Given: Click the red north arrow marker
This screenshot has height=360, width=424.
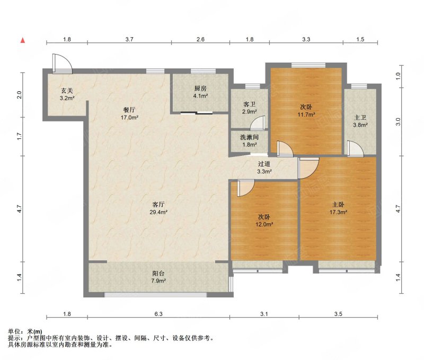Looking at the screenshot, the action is [23, 40].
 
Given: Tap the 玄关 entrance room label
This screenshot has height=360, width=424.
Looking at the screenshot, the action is [67, 91].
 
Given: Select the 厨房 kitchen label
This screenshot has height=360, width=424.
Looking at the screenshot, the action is [200, 89].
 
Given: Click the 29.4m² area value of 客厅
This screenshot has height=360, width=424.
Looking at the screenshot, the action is [158, 212].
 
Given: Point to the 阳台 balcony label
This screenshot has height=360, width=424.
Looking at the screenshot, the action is [158, 274].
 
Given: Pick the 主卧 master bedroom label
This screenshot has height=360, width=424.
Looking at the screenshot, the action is [338, 205].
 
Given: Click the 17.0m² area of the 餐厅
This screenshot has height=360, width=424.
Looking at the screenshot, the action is [129, 118].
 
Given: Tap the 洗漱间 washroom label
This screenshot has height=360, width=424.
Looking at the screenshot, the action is [249, 137].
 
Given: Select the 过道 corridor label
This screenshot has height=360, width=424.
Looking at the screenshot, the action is [264, 164].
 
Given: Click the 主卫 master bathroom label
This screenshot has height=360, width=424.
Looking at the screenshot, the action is [360, 118].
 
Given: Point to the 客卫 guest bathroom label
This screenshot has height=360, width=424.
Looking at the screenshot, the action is [249, 104].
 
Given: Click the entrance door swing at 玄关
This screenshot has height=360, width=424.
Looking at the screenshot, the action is [63, 64].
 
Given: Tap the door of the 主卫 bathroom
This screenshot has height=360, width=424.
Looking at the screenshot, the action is [355, 148].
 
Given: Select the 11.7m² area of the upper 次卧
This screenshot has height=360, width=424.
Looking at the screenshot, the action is [306, 115].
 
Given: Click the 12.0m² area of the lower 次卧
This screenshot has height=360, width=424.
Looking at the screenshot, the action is [264, 224].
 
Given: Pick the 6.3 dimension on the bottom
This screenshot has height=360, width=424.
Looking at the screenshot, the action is [158, 314].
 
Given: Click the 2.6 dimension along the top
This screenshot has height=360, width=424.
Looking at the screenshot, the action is [200, 39].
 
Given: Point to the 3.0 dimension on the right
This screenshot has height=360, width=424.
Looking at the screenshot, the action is [398, 122].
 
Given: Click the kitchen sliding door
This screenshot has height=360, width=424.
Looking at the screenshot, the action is [197, 113].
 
